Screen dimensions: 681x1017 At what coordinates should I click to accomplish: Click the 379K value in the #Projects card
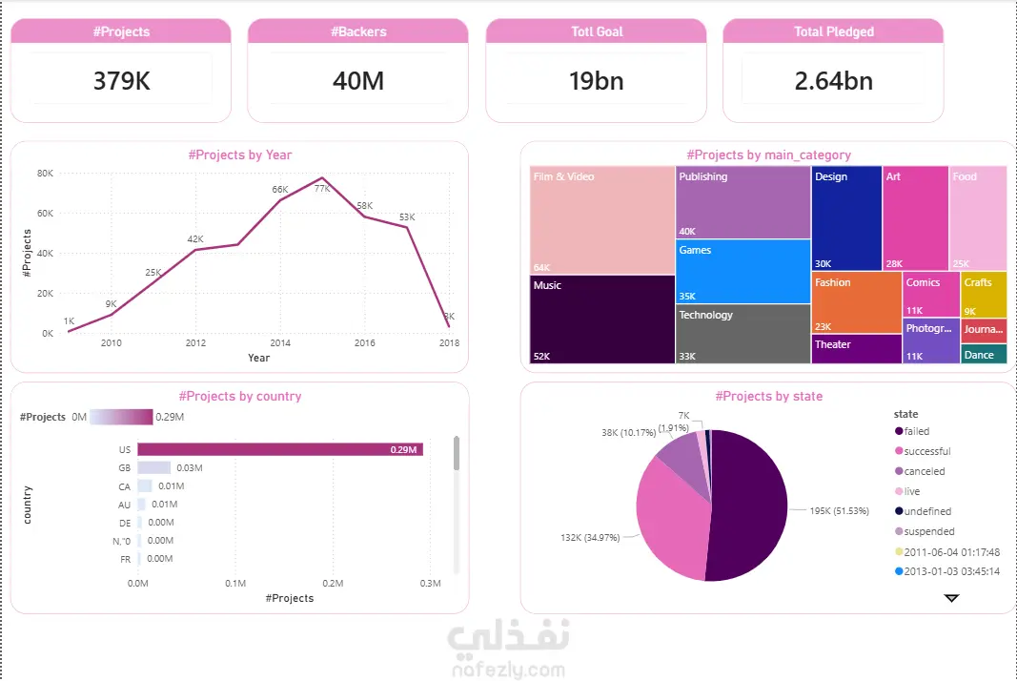click(121, 81)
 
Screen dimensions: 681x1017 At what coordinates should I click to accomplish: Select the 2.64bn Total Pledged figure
click(833, 81)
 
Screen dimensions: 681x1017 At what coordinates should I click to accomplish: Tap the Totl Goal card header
click(597, 31)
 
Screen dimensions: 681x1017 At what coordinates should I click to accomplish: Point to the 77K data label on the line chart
click(322, 189)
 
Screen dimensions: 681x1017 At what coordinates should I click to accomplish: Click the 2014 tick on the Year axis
click(280, 343)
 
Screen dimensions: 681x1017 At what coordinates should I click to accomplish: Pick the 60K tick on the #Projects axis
click(45, 214)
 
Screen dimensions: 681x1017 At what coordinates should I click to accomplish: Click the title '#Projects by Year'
click(240, 155)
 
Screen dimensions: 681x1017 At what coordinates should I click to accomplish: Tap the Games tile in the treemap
click(743, 271)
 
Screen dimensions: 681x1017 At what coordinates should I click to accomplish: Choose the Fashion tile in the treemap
click(857, 302)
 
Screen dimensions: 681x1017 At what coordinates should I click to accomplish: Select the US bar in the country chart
click(280, 449)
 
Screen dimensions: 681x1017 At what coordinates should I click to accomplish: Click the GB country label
click(125, 468)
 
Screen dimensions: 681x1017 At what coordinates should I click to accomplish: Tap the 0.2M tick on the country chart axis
click(333, 583)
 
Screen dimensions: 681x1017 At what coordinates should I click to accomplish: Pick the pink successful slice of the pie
click(671, 515)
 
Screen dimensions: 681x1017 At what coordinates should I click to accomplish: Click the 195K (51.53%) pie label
click(840, 510)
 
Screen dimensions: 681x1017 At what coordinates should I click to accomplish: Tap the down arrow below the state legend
click(951, 598)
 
